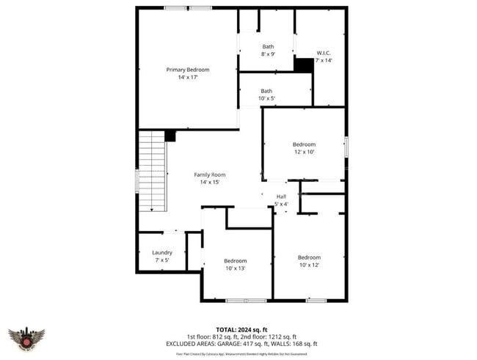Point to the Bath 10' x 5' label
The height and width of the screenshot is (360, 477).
tap(266, 95)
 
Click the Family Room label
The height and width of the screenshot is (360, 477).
tap(209, 178)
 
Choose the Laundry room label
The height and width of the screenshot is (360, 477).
tap(162, 256)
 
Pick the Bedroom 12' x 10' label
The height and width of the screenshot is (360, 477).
tap(304, 148)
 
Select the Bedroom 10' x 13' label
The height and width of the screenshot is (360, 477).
tap(236, 265)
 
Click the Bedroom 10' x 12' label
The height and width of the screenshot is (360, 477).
tap(309, 261)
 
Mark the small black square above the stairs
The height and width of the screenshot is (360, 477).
tap(170, 136)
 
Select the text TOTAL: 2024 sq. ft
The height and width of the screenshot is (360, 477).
tap(241, 329)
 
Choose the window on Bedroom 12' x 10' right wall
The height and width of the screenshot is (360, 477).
tap(346, 147)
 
